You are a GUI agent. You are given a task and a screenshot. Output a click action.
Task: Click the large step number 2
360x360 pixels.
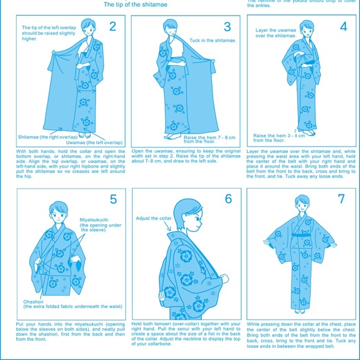tap(112, 26)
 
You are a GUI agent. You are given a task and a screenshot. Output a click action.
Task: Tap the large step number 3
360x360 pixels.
tap(227, 26)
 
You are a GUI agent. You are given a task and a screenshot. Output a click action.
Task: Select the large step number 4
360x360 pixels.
tap(343, 27)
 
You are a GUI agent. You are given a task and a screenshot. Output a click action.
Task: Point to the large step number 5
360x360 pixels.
tap(113, 199)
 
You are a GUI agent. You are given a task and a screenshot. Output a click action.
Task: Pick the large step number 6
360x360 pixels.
tap(228, 199)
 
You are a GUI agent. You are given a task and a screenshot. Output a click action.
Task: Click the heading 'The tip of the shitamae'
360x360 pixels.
tap(135, 4)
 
